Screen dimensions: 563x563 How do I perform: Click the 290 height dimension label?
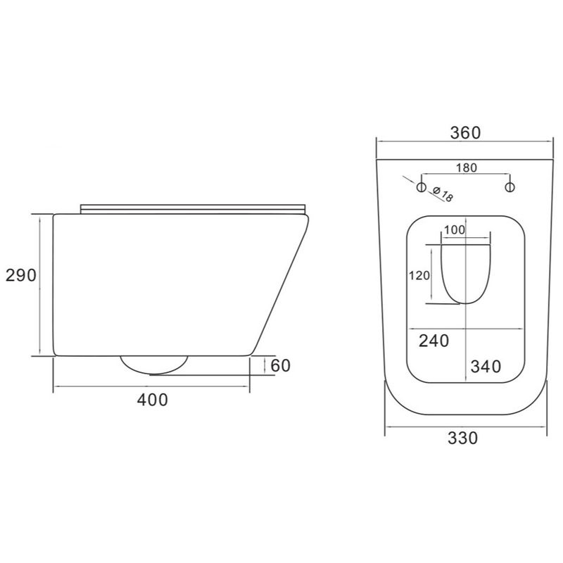click(x=21, y=275)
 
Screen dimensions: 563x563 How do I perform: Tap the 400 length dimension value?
click(x=152, y=400)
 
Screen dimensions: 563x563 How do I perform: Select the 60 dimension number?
click(x=280, y=366)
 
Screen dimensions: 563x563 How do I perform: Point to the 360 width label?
click(x=465, y=133)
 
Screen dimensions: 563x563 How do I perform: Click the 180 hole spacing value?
click(x=467, y=167)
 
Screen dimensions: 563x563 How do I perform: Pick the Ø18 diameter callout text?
click(x=443, y=194)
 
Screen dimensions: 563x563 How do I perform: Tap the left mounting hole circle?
click(x=421, y=187)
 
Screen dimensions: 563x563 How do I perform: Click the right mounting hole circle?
click(x=510, y=187)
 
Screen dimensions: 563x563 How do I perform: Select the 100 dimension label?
click(x=454, y=230)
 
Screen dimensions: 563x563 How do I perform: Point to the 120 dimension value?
click(x=419, y=276)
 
